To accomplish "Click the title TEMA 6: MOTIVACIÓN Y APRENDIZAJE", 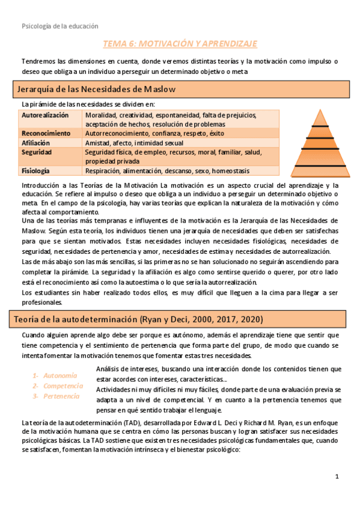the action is pyautogui.click(x=180, y=44).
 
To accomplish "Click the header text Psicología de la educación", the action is pyautogui.click(x=59, y=26).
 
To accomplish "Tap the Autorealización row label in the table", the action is pyautogui.click(x=45, y=115).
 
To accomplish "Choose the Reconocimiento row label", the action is pyautogui.click(x=46, y=133).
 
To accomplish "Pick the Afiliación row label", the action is pyautogui.click(x=35, y=143).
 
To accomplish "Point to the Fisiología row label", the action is pyautogui.click(x=35, y=171).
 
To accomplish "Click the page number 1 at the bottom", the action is pyautogui.click(x=338, y=477).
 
